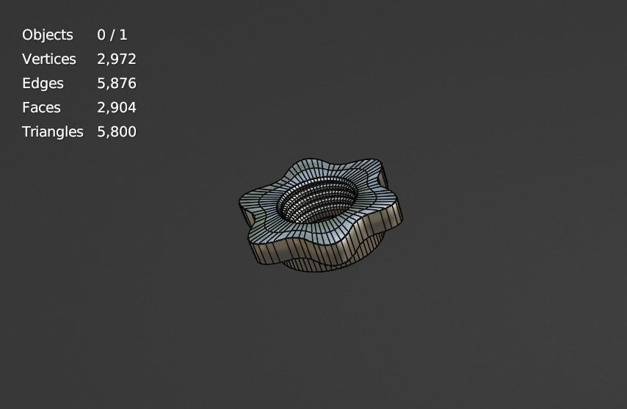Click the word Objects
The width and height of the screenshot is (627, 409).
(48, 35)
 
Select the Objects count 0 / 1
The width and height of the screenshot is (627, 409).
(112, 35)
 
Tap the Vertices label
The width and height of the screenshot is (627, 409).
(49, 59)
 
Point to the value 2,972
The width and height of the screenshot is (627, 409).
(117, 59)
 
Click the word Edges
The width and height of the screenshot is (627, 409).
(43, 84)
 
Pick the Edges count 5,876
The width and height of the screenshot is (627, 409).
(117, 84)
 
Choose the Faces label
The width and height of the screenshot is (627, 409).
(41, 108)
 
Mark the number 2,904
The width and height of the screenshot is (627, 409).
(117, 108)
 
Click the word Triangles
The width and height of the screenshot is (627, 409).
(53, 132)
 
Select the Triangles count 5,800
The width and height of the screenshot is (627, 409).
(117, 132)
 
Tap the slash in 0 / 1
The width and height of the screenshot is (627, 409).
(112, 35)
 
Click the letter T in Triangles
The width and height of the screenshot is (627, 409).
(26, 132)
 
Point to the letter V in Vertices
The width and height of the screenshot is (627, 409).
(26, 59)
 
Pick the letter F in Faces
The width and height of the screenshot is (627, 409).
(26, 108)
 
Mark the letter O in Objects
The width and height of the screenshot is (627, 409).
(27, 35)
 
